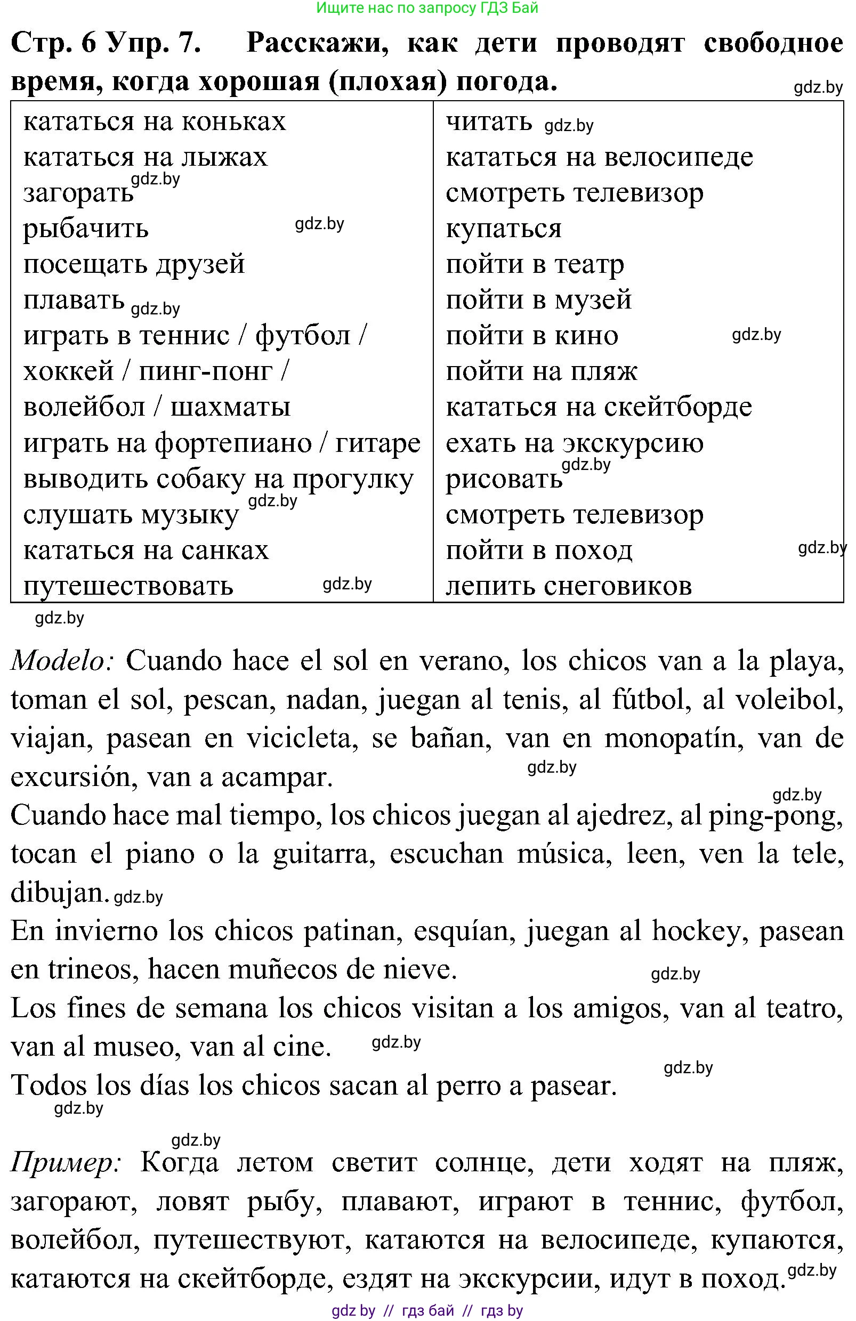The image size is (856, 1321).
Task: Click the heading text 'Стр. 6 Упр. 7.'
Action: [x=106, y=43]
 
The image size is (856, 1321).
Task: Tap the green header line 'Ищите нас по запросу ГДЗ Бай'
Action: [x=427, y=8]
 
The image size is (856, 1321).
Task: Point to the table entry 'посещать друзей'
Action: [x=134, y=264]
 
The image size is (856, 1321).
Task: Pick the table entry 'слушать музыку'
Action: [x=131, y=515]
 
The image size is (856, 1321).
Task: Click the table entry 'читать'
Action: [x=489, y=122]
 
